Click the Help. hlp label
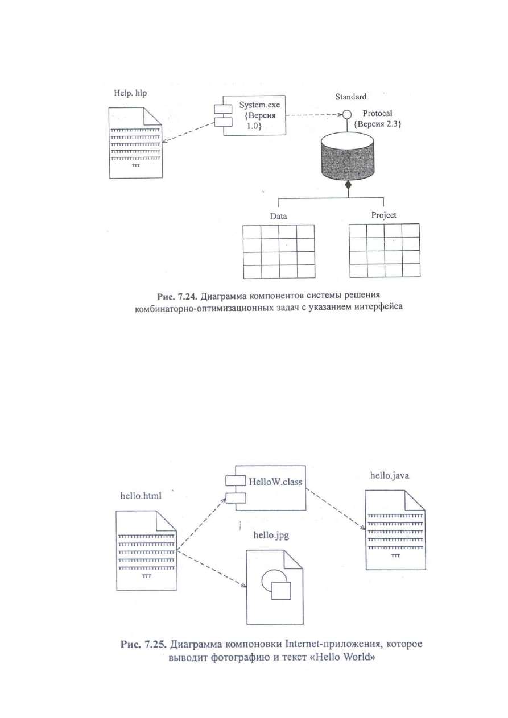pyautogui.click(x=130, y=93)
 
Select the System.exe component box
pyautogui.click(x=250, y=115)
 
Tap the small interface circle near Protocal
pyautogui.click(x=346, y=114)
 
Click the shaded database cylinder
pyautogui.click(x=348, y=156)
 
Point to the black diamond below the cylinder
pyautogui.click(x=348, y=185)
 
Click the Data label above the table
pyautogui.click(x=278, y=217)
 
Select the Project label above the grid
pyautogui.click(x=383, y=215)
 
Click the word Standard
pyautogui.click(x=351, y=97)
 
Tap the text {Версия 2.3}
pyautogui.click(x=378, y=124)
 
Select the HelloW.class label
pyautogui.click(x=275, y=482)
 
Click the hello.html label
pyautogui.click(x=141, y=496)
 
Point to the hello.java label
pyautogui.click(x=390, y=475)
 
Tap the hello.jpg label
pyautogui.click(x=271, y=535)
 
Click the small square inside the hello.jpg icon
pyautogui.click(x=281, y=591)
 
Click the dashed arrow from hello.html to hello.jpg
pyautogui.click(x=212, y=568)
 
